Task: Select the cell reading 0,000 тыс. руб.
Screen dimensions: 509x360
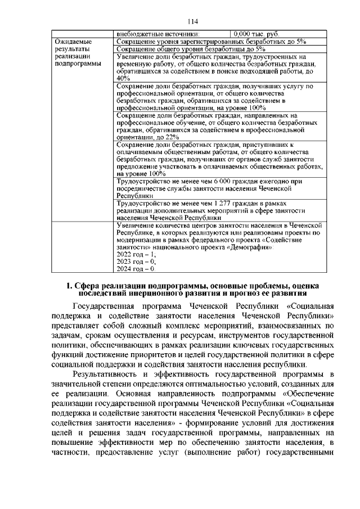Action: click(x=256, y=34)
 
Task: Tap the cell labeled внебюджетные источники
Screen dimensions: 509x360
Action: click(x=157, y=34)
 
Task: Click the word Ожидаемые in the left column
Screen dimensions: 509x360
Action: click(x=74, y=42)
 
